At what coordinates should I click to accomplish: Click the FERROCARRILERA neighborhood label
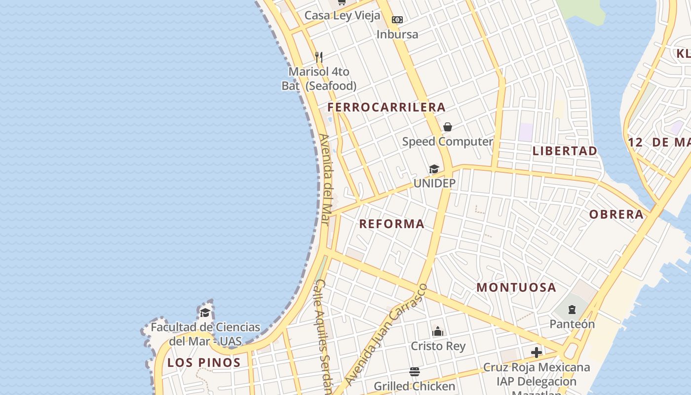(x=386, y=107)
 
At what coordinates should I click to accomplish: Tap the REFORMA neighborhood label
(x=391, y=224)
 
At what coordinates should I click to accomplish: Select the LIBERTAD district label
(x=565, y=151)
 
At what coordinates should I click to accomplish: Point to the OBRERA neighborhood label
(x=616, y=214)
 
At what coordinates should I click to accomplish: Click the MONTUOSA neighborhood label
(x=516, y=287)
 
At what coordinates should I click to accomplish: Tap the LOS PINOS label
(x=204, y=362)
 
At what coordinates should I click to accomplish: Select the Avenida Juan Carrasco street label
(x=385, y=335)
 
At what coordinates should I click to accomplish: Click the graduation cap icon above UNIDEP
(x=434, y=169)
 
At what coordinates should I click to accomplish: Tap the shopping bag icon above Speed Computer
(x=448, y=127)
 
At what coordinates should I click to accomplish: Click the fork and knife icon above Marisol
(x=319, y=57)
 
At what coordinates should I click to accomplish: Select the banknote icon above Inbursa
(x=397, y=20)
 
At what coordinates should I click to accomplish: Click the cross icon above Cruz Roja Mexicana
(x=537, y=353)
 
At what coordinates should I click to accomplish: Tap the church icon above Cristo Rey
(x=438, y=331)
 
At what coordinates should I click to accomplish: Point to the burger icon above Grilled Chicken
(x=415, y=372)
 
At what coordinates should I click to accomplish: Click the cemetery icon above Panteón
(x=572, y=310)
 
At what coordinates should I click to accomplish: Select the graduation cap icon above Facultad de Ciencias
(x=205, y=313)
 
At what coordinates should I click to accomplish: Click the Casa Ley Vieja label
(x=342, y=15)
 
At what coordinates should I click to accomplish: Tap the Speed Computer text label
(x=447, y=142)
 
